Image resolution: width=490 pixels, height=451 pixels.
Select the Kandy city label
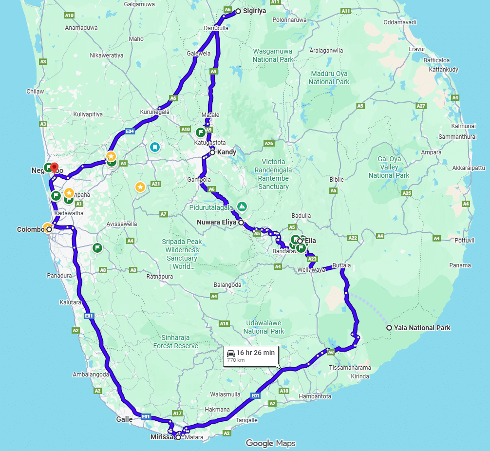226,152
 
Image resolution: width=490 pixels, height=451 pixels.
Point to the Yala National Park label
422,328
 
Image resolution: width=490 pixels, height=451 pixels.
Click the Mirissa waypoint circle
178,437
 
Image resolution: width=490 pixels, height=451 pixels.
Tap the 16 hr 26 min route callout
250,356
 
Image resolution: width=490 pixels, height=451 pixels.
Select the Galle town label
124,419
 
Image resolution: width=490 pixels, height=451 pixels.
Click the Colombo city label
31,229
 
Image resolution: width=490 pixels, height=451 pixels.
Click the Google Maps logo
270,443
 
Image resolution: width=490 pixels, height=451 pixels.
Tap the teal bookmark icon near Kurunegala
154,147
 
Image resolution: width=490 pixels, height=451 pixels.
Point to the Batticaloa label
436,60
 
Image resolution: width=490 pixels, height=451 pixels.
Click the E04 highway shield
130,131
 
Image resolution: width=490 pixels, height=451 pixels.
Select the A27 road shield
421,106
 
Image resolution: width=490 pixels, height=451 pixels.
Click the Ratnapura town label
160,277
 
